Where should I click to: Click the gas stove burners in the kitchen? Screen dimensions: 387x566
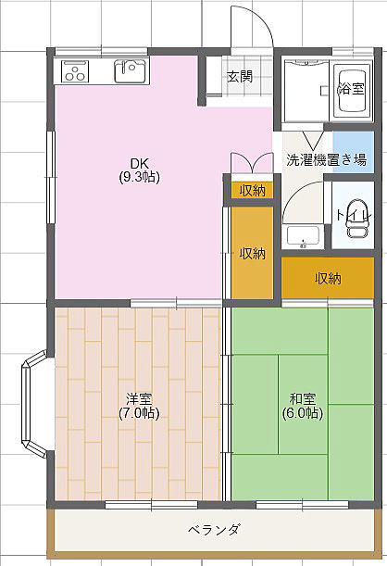tap(75, 71)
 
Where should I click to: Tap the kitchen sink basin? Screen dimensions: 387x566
tap(131, 70)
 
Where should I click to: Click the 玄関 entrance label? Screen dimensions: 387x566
tap(240, 77)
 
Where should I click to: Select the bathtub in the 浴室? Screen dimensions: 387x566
tap(352, 91)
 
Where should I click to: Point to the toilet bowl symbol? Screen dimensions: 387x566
tap(357, 220)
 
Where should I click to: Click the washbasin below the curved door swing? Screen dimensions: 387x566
tap(303, 236)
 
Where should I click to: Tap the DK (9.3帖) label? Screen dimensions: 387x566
tap(139, 170)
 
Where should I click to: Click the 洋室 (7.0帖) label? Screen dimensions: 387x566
tap(139, 406)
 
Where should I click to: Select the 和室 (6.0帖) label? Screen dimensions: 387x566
tap(303, 406)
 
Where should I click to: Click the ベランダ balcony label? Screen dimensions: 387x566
tap(214, 530)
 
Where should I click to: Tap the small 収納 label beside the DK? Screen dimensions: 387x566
tap(253, 190)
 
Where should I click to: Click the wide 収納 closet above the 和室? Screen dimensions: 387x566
tap(328, 278)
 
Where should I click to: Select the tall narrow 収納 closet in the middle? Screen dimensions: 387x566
tap(252, 253)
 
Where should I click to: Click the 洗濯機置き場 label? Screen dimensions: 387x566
tap(327, 159)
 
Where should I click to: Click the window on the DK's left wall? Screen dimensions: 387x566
tap(51, 177)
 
